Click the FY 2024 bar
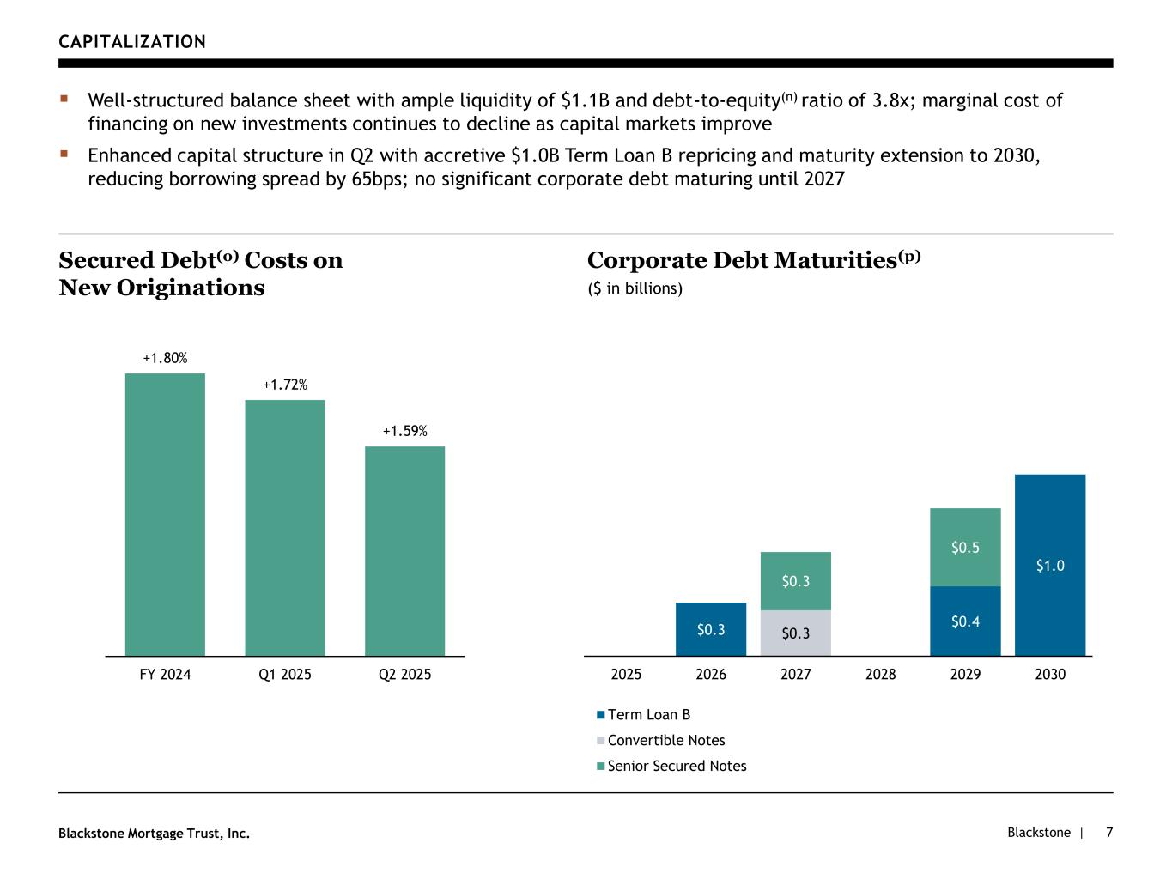(165, 514)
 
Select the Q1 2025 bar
(285, 528)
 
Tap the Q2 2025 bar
(404, 551)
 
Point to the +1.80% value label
(165, 358)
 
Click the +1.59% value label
(404, 431)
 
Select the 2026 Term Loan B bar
(711, 629)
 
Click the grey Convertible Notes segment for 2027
(796, 633)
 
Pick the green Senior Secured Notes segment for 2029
(965, 547)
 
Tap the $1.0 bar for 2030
(1050, 565)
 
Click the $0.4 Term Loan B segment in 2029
(965, 621)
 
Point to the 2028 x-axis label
(880, 675)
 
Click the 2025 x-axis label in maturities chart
(626, 675)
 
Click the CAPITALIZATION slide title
(132, 42)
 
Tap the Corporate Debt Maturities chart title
(753, 260)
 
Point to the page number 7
(1109, 833)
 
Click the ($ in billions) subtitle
(635, 288)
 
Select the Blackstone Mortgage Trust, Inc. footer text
(154, 834)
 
